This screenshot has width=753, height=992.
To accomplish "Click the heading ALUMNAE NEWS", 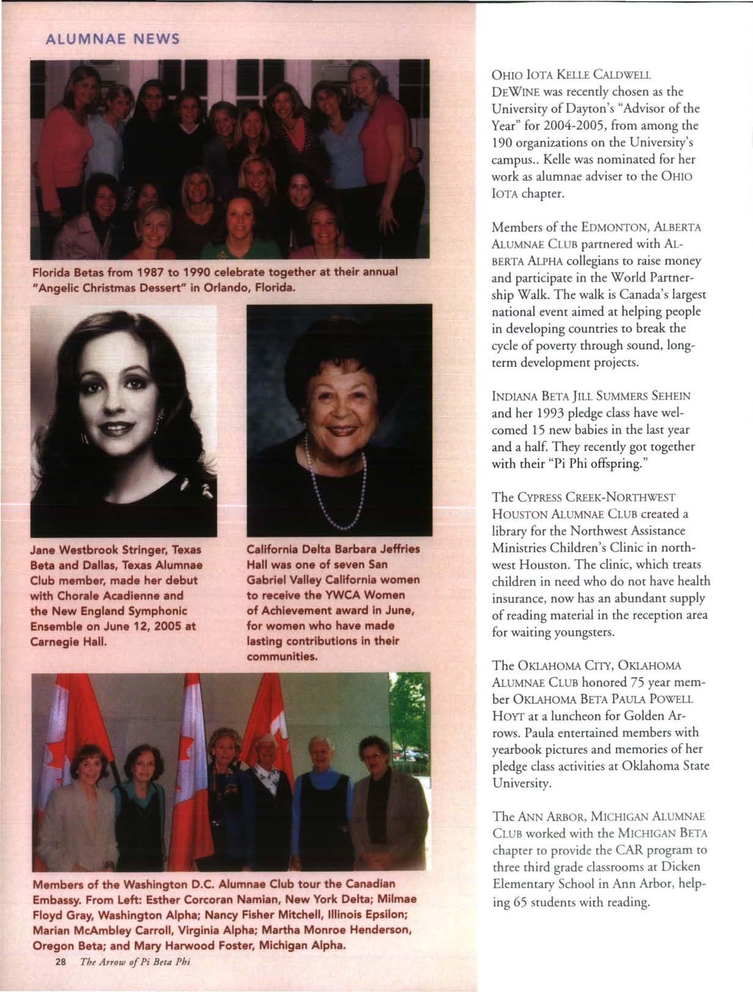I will (x=113, y=40).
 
